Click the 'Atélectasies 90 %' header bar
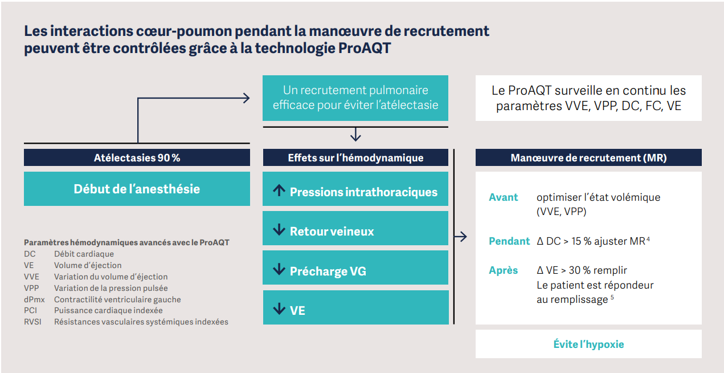click(137, 158)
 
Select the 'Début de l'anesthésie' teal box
click(137, 189)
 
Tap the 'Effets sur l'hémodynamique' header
click(355, 158)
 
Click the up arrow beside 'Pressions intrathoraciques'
click(279, 191)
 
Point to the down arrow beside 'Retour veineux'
click(279, 230)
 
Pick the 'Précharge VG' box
click(355, 271)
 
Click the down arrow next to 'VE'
click(279, 309)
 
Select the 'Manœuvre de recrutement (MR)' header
click(588, 158)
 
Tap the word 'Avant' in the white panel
click(504, 197)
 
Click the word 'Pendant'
click(509, 241)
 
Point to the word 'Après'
click(504, 270)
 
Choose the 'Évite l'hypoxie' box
click(588, 344)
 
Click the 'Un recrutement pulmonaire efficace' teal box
click(355, 98)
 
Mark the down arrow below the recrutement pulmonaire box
click(355, 135)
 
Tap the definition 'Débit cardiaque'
click(84, 254)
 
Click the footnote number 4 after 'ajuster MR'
click(648, 240)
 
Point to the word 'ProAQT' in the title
click(365, 48)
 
